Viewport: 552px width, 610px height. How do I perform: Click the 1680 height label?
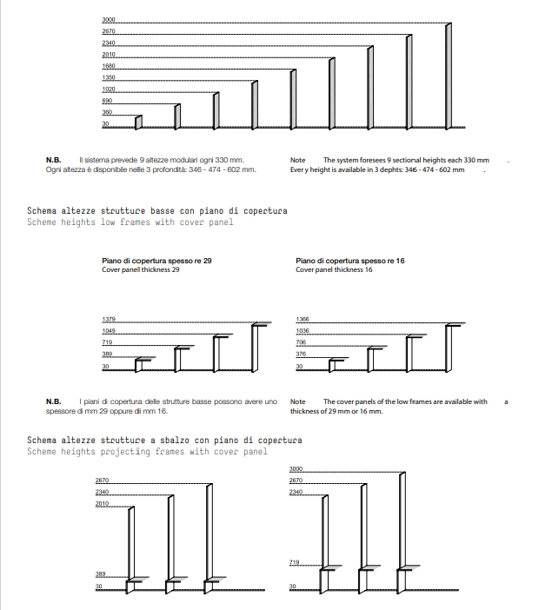109,66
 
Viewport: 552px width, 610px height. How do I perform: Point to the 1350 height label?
109,78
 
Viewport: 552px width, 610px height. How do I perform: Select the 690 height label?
107,102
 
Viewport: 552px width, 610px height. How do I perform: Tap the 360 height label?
107,113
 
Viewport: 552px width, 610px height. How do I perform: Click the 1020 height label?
109,90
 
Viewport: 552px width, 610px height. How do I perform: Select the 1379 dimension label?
109,320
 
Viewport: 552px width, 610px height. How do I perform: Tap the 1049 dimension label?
109,331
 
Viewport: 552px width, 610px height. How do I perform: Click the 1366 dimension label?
303,320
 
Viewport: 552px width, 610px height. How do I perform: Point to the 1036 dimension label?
303,331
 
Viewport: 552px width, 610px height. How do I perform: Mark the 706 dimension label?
301,343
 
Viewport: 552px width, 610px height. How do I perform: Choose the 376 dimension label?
301,355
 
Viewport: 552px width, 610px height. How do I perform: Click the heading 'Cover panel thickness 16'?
334,270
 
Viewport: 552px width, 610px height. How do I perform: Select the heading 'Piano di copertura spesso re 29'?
157,261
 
